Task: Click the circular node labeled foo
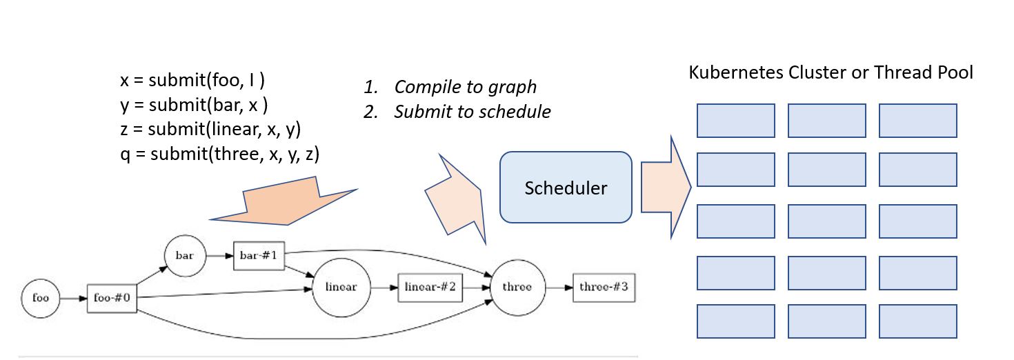pos(41,299)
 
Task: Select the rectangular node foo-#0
pos(112,299)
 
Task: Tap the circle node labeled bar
pos(185,255)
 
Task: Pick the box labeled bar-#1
pos(259,255)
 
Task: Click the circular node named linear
pos(341,287)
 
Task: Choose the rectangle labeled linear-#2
pos(430,287)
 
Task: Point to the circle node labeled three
pos(517,287)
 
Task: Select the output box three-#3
pos(604,287)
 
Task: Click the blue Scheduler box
pos(566,188)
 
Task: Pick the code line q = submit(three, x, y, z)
pos(219,155)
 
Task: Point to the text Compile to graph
pos(465,87)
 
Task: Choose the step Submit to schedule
pos(472,112)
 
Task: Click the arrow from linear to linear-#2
pos(384,287)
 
